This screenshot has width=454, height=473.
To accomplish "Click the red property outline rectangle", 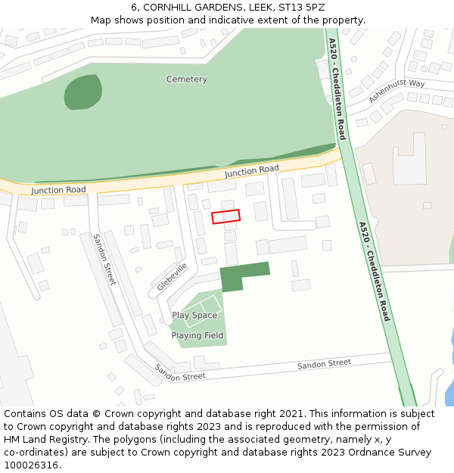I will [x=225, y=216].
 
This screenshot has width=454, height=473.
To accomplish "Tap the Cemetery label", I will [x=186, y=79].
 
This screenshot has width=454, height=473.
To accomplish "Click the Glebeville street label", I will [x=172, y=278].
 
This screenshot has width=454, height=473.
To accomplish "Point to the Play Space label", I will [x=194, y=316].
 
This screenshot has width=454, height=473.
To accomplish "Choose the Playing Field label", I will [x=197, y=335].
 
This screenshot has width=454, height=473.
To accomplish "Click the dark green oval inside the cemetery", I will [x=82, y=92].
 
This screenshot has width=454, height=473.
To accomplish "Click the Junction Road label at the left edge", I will [x=58, y=190].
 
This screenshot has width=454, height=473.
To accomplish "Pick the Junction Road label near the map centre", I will [x=251, y=172].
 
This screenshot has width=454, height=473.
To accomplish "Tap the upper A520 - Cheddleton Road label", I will [x=337, y=89].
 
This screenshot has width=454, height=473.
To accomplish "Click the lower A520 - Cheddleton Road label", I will [x=375, y=271].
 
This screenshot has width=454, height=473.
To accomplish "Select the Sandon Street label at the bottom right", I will [x=324, y=364].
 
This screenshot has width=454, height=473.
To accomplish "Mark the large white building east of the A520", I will [x=408, y=160].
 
